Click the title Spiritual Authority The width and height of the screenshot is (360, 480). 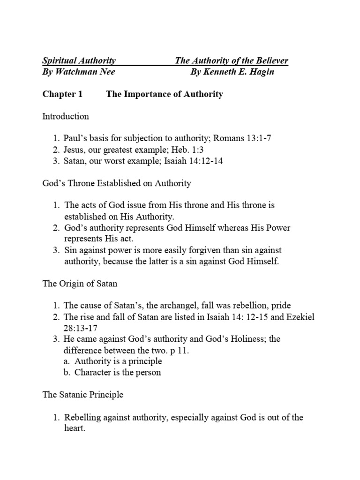(79, 61)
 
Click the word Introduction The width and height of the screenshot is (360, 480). (66, 116)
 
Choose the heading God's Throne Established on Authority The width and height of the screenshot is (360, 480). (117, 183)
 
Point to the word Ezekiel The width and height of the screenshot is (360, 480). (300, 317)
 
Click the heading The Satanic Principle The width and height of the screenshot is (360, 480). (83, 395)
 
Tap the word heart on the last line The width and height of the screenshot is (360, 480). (74, 428)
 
